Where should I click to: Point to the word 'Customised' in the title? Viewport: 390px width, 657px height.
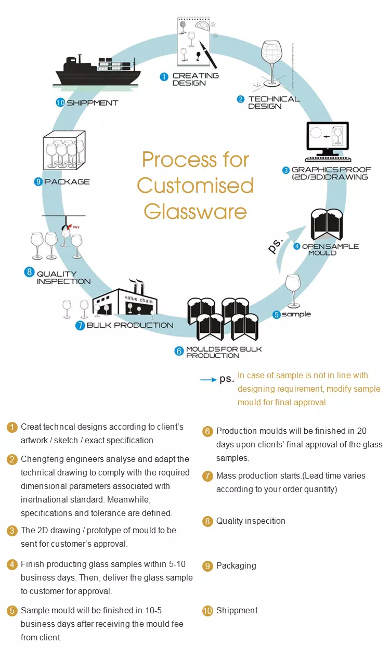point(196,186)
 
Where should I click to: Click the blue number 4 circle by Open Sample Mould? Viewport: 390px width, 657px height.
point(296,246)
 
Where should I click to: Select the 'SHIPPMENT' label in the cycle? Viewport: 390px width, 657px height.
point(92,103)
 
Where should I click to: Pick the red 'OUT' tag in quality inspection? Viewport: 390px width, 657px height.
point(75,227)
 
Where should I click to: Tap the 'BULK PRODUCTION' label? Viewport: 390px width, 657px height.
point(130,325)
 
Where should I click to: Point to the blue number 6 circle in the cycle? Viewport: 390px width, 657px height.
point(179,351)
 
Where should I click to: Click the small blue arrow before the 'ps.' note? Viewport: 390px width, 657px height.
point(208,380)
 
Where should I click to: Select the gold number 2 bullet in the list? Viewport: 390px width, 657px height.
point(12,459)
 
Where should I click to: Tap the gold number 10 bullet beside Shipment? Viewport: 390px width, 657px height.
point(207,611)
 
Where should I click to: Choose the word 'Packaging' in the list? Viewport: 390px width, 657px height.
point(236,566)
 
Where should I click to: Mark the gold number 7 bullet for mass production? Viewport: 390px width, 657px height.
point(207,476)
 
